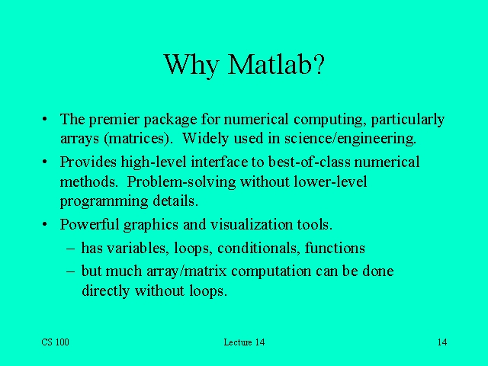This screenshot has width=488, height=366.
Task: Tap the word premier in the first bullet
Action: click(x=113, y=120)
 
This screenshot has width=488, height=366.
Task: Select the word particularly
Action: click(x=407, y=120)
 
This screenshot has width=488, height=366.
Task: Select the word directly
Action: click(x=106, y=291)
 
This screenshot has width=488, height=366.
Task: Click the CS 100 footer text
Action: click(x=55, y=342)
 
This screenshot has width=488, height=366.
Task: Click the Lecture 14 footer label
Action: click(x=244, y=342)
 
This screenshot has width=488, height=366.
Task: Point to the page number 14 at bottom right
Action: click(x=442, y=342)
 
